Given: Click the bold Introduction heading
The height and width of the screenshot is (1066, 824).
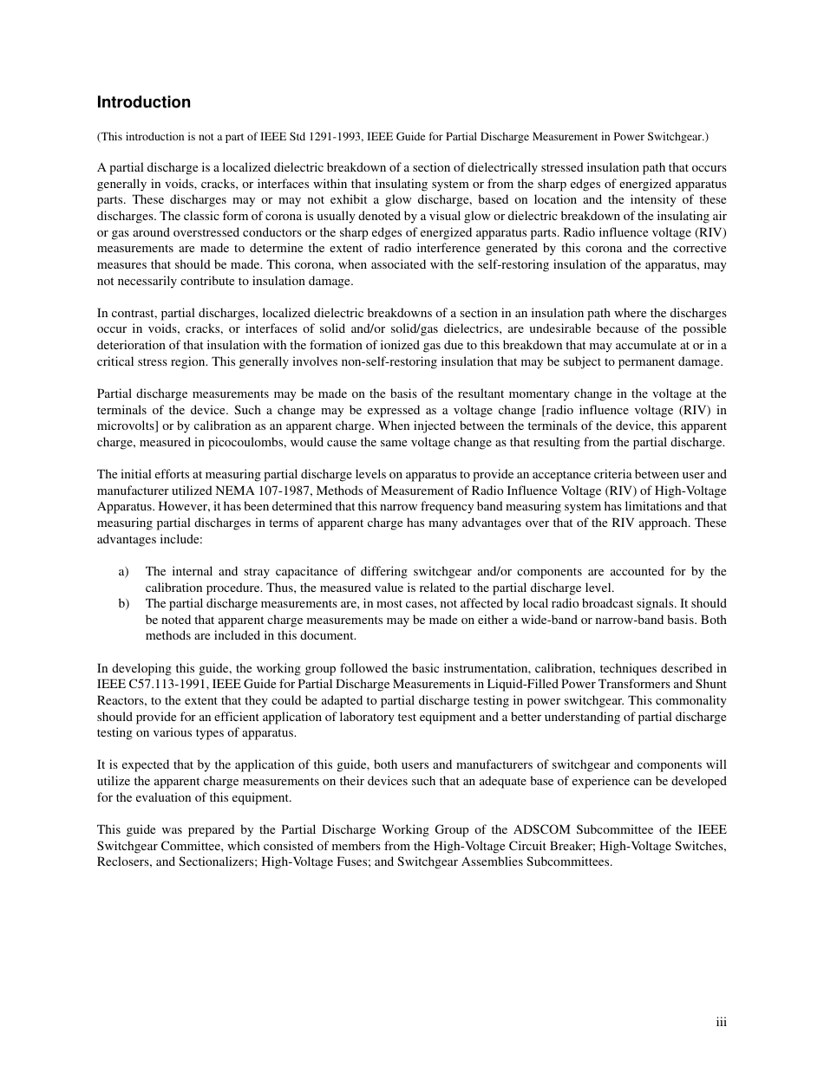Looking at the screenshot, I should [x=143, y=102].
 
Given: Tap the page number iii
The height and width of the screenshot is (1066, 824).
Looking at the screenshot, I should [x=721, y=1023].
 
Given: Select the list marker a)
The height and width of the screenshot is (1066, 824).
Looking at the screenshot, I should [x=123, y=571].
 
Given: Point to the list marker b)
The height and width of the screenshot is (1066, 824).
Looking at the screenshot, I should [x=123, y=603].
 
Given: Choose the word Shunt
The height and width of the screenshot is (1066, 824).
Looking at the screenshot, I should [x=710, y=685].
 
